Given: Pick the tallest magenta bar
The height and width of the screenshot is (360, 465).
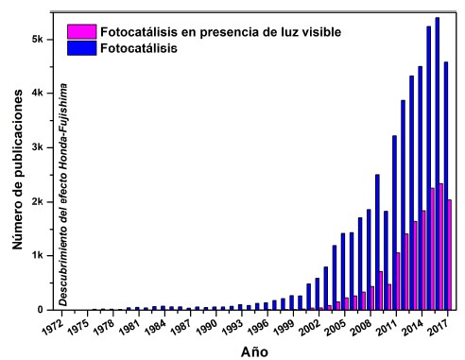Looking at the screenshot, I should click(x=441, y=247).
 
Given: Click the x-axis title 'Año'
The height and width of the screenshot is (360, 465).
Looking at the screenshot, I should click(x=252, y=351).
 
